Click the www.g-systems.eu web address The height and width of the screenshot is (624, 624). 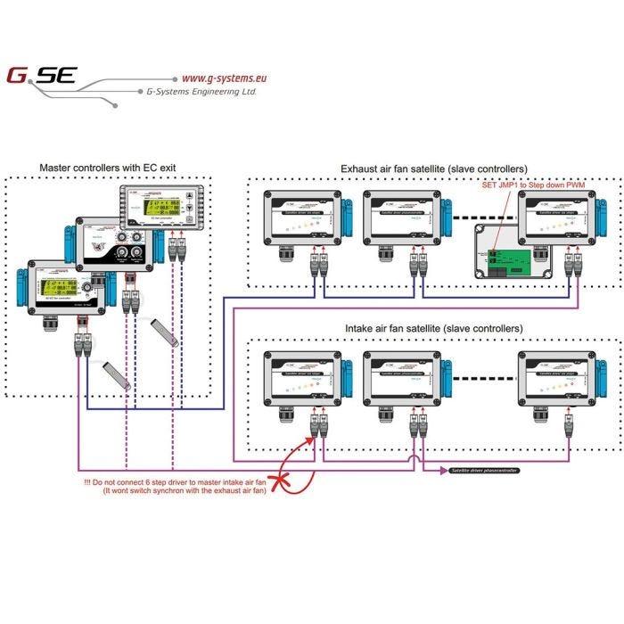point(224,78)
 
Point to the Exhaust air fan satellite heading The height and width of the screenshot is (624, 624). point(433,168)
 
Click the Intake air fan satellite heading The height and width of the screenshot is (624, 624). point(433,329)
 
